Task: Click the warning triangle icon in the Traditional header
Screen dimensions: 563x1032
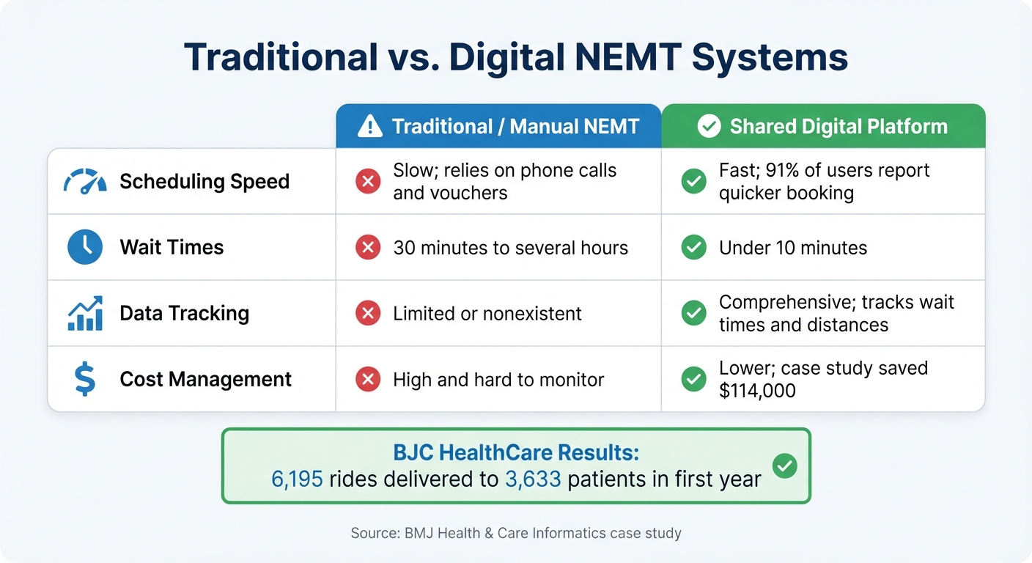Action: pos(370,127)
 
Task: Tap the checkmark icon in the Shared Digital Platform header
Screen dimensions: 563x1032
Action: pos(709,127)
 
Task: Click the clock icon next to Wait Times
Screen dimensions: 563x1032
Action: pos(85,247)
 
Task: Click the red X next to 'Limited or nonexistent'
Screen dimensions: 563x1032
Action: pos(368,314)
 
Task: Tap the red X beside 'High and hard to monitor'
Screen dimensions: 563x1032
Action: pos(368,380)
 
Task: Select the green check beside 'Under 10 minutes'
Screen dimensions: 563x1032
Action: pos(693,248)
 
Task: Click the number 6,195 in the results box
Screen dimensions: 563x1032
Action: pos(297,479)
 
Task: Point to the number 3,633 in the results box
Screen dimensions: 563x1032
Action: pos(533,479)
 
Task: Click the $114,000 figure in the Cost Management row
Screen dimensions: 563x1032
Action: pos(757,391)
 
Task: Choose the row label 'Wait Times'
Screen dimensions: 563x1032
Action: pos(172,247)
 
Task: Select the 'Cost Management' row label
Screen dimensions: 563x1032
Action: pos(205,380)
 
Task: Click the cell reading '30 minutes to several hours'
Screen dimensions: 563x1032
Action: pos(510,248)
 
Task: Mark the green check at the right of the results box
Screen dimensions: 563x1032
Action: pos(785,466)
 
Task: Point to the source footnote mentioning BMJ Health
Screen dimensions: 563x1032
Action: pos(516,533)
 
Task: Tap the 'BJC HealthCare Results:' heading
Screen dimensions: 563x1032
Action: pos(516,452)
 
